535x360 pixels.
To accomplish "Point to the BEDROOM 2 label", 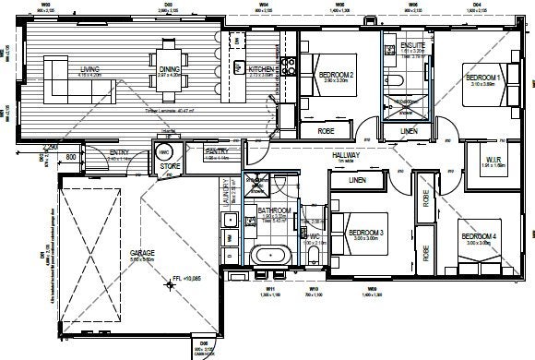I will pos(337,75).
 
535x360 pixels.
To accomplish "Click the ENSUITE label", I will pos(412,46).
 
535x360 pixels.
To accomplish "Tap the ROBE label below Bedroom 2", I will pos(327,131).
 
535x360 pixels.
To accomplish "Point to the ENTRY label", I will pos(120,154).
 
